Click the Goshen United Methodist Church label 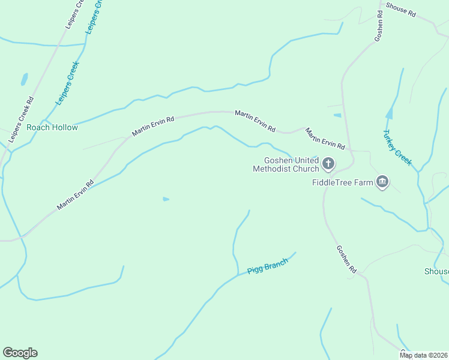coord(288,164)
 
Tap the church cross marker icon coord(328,163)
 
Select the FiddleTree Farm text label coord(342,182)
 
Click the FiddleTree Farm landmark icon coord(382,182)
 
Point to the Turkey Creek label coord(398,148)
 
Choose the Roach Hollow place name coord(52,128)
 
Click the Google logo coord(20,353)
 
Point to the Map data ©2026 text coord(423,355)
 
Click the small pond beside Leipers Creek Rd coord(24,79)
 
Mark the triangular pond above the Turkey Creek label coord(390,113)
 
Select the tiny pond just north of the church coord(337,115)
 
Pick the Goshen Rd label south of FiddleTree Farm coord(346,260)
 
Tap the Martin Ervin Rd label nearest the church coord(325,139)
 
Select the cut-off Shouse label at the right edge coord(436,272)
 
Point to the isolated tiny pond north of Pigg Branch coord(166,199)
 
